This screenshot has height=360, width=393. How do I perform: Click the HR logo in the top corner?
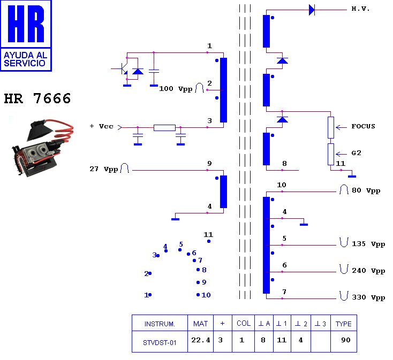point(26,35)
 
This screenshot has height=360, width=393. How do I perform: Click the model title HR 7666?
point(37,99)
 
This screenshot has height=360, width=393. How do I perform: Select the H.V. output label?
point(361,9)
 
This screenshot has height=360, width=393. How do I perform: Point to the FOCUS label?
point(363,127)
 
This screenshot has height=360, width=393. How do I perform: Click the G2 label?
point(357,153)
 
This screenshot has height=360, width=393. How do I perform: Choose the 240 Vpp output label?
point(368,271)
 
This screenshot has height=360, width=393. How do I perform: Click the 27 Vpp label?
point(104,169)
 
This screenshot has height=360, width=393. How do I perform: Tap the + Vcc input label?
point(101,126)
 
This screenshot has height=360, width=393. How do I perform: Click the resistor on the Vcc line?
point(164,127)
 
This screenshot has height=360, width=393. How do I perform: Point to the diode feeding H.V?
point(312,10)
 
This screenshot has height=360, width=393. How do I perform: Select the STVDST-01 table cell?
point(160,343)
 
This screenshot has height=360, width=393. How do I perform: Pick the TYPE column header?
point(343,324)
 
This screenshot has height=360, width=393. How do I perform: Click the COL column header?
point(243,324)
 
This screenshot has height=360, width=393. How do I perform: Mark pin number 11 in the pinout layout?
point(208,235)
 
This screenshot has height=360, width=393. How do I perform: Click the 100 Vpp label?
point(176,89)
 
